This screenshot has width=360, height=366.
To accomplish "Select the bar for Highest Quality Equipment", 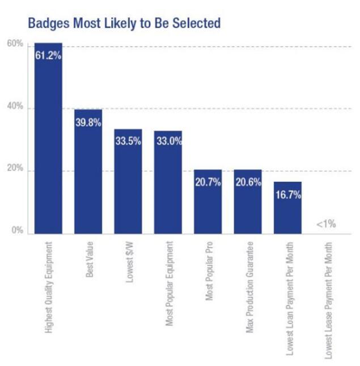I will click(48, 142).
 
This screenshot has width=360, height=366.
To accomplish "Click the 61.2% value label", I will click(48, 55).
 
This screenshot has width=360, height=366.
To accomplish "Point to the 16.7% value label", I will click(287, 195).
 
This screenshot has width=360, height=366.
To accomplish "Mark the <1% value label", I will click(327, 224).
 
